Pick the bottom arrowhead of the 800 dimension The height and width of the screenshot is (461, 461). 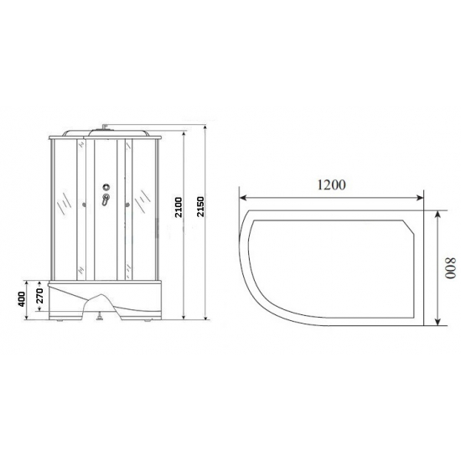[438, 323]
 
